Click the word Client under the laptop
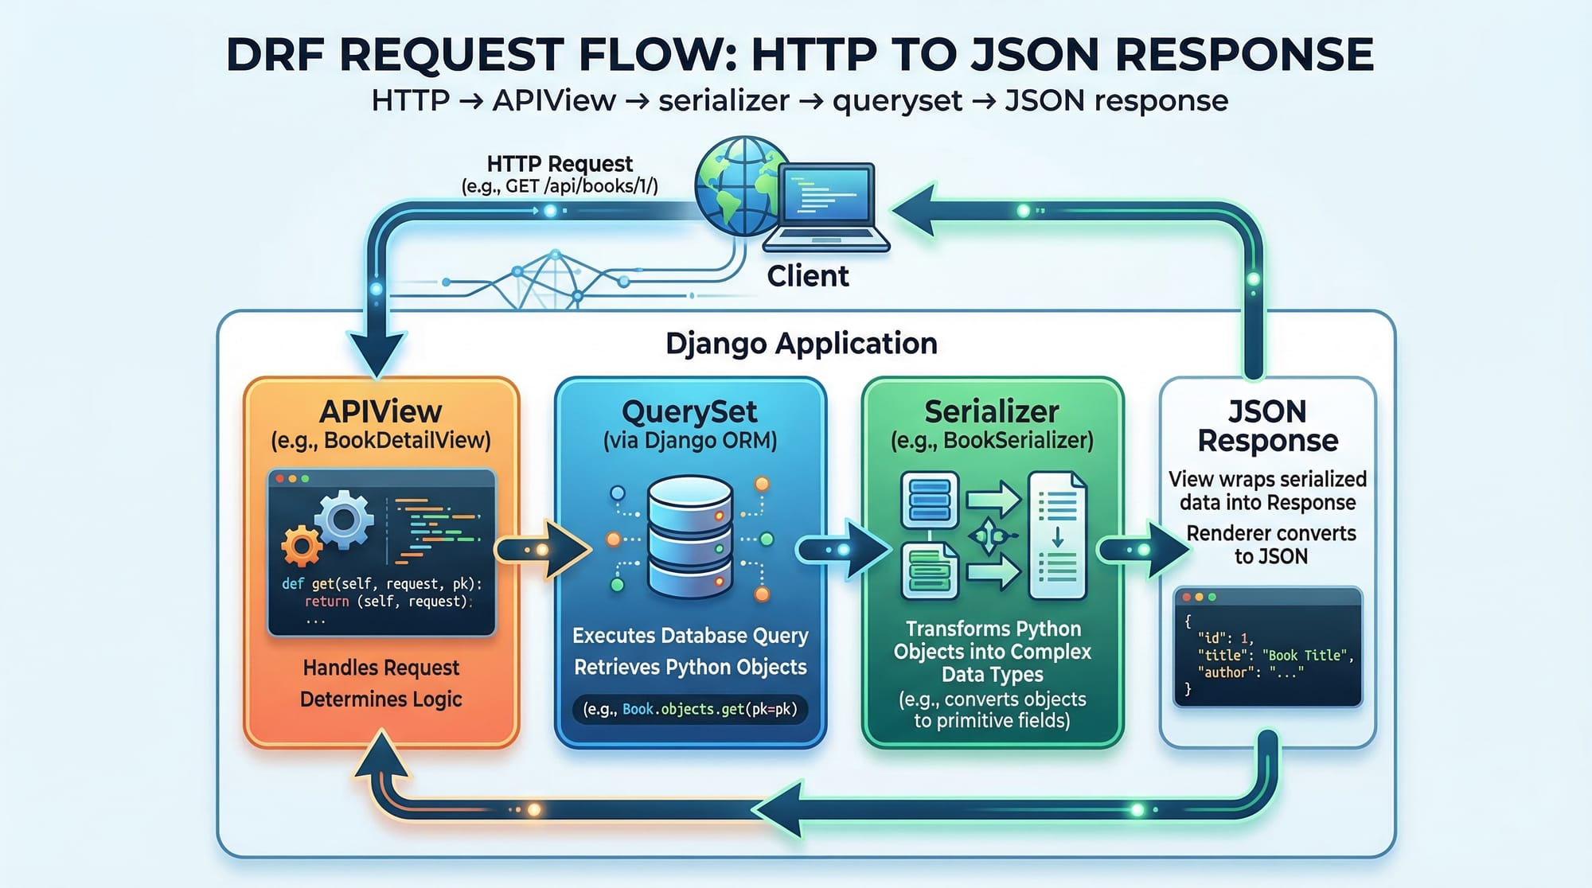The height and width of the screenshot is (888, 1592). [x=807, y=276]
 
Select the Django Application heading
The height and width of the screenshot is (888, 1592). [x=801, y=343]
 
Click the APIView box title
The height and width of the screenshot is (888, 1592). [x=380, y=411]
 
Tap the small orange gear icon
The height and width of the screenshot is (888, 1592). [x=301, y=546]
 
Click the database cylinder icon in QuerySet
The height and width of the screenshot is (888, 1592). [x=690, y=536]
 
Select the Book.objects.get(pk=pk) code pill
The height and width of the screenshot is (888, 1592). [x=689, y=709]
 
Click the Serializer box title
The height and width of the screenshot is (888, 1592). [x=991, y=411]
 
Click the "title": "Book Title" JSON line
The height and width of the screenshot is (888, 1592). [x=1274, y=655]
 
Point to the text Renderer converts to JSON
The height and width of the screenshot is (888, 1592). [x=1270, y=544]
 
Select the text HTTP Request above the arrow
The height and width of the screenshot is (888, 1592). [x=559, y=164]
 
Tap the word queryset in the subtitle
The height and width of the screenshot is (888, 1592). [x=897, y=101]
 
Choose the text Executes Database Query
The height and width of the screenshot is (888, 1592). [x=690, y=635]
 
